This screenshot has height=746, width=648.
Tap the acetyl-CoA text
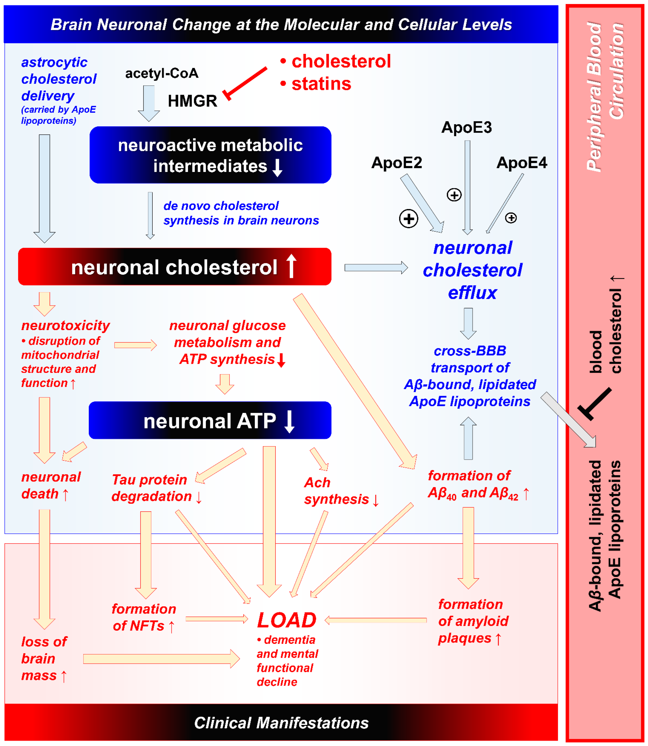click(162, 73)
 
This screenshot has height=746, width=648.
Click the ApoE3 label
click(466, 127)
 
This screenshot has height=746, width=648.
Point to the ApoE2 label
click(397, 163)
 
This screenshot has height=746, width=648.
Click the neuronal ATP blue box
click(210, 420)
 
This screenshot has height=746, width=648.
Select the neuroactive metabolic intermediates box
click(210, 155)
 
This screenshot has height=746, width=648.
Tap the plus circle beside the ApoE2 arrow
click(409, 219)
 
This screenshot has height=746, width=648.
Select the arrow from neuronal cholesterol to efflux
click(376, 268)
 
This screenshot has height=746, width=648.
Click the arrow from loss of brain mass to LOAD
click(161, 659)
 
